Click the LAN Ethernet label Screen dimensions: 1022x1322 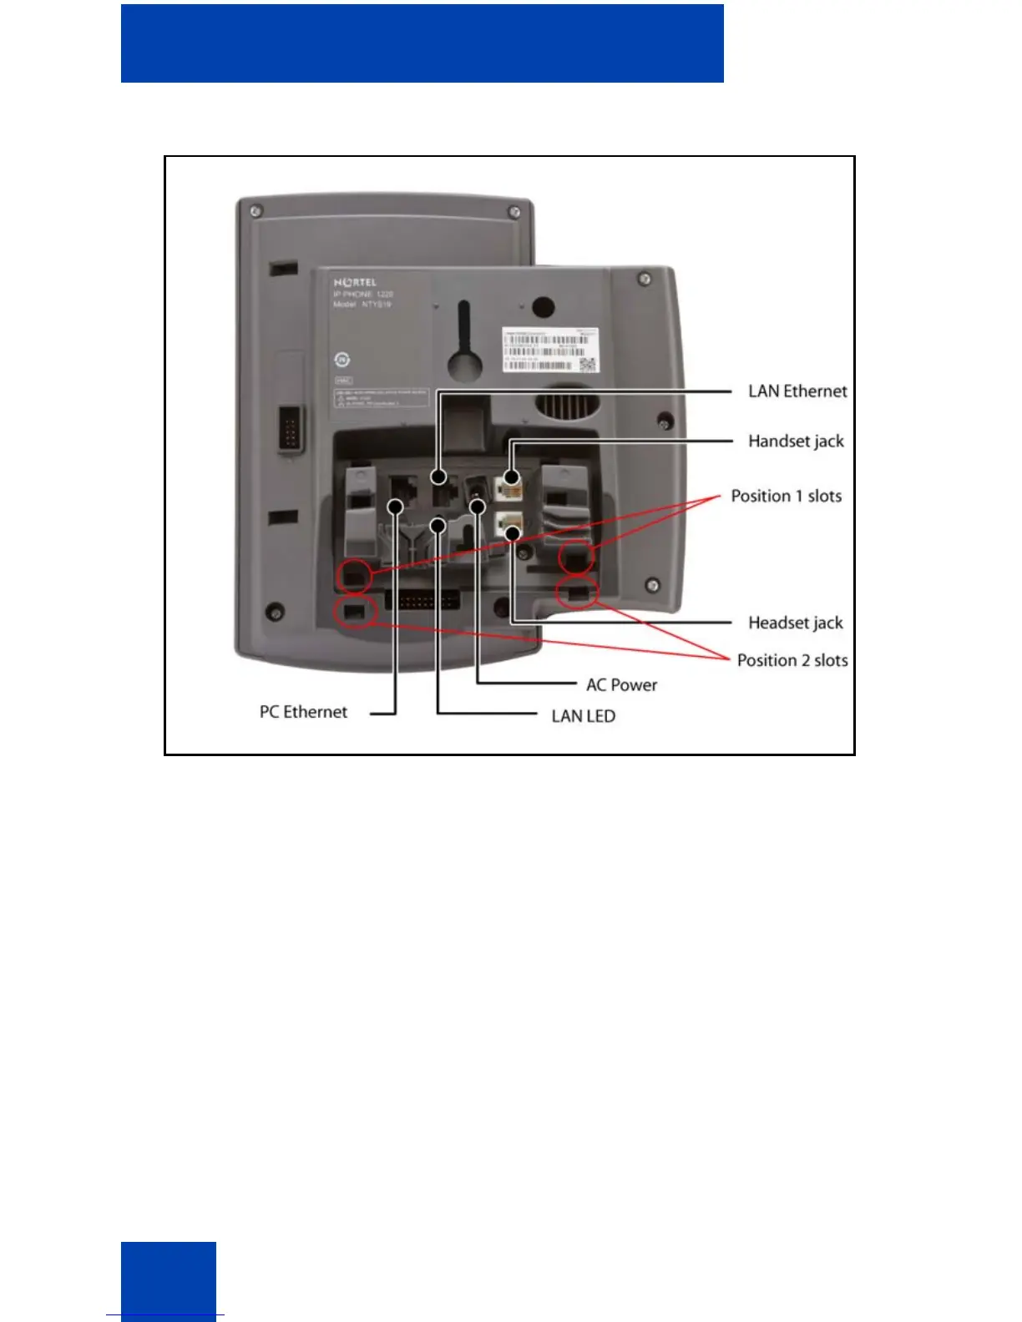(x=797, y=391)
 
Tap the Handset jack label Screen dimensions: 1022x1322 (x=796, y=442)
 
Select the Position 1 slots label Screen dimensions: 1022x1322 (x=786, y=497)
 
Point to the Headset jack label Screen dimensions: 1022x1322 (x=795, y=623)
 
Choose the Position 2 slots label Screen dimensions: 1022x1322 (x=792, y=661)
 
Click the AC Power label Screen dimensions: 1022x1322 (x=621, y=685)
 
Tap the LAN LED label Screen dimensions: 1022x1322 (x=583, y=716)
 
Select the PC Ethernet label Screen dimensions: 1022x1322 (x=303, y=712)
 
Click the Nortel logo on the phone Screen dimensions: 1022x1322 (x=355, y=283)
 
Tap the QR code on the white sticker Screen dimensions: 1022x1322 (x=588, y=364)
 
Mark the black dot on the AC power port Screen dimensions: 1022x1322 (x=478, y=507)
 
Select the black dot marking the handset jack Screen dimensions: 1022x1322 (x=512, y=477)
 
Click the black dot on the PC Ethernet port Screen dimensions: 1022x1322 (x=396, y=507)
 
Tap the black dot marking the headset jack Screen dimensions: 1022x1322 (x=513, y=532)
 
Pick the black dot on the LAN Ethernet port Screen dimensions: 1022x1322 (x=438, y=477)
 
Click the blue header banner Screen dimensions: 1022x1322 (x=422, y=43)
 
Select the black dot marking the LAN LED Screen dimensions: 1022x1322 (x=438, y=525)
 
